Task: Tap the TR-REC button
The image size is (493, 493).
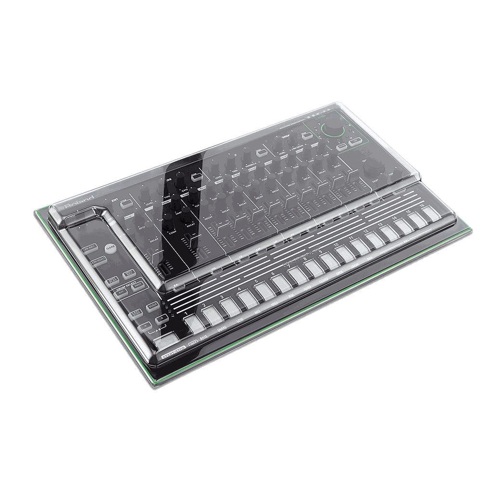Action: coord(89,247)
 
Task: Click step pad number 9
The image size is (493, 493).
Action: coord(327,260)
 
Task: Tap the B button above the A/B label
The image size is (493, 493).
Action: coord(162,318)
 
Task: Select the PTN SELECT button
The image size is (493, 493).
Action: coord(99,261)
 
